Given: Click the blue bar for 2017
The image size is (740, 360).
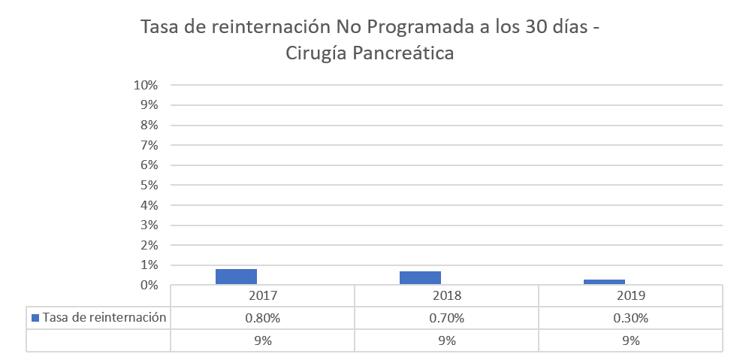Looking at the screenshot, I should (236, 277).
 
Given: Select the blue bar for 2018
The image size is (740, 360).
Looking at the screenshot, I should (420, 277).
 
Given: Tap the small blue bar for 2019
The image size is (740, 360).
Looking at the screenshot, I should (604, 282).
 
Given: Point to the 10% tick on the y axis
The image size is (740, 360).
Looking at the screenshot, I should (146, 85).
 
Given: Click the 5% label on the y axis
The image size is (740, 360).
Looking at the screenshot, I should (148, 185).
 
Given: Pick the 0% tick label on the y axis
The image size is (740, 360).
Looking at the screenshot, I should (148, 286).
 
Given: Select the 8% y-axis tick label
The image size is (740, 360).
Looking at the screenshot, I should (148, 125).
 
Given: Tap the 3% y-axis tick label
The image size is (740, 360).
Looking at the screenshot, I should (148, 225).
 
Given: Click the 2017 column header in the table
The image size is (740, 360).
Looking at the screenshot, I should (263, 295).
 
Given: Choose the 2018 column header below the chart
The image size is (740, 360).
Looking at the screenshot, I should (447, 295).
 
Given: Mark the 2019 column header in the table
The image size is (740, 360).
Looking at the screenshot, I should (631, 295).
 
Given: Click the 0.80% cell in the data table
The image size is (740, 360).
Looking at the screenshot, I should (263, 318).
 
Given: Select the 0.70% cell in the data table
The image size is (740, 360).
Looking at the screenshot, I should (447, 318).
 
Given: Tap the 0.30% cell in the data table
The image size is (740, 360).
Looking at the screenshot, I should (631, 318).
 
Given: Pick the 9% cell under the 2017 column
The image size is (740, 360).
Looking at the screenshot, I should (263, 340).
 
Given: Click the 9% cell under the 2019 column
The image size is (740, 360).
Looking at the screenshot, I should (631, 340).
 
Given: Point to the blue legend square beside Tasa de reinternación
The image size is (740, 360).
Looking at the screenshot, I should (35, 318).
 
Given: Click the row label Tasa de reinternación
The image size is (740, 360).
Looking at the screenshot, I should (104, 318).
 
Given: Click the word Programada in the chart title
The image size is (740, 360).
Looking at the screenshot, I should (403, 29).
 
